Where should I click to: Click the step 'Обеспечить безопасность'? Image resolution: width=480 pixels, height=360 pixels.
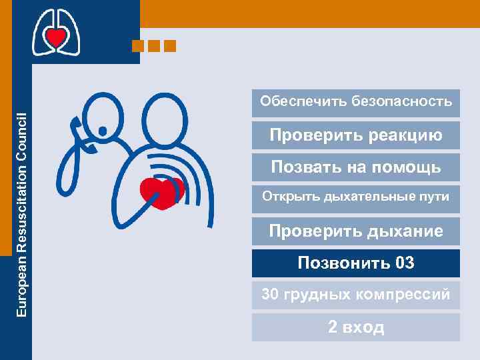(x=356, y=102)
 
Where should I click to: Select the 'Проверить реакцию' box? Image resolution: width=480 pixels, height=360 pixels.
(x=356, y=135)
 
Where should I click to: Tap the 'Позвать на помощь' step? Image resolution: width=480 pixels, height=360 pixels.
(x=356, y=167)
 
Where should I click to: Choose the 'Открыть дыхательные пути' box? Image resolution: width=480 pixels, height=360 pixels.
(x=356, y=198)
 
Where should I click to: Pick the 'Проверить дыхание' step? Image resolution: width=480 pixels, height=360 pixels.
(x=356, y=231)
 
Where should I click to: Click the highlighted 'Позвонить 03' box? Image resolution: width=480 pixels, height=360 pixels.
(x=356, y=263)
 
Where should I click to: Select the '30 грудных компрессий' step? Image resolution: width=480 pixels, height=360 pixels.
(x=356, y=294)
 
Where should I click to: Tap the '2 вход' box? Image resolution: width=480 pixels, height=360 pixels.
(x=356, y=327)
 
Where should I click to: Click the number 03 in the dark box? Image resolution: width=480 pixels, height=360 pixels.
(x=405, y=263)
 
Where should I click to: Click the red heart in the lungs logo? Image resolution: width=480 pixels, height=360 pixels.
(x=57, y=37)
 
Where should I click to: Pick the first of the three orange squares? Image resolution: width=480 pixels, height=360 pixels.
(x=138, y=46)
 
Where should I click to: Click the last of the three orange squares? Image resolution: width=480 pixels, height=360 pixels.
(x=170, y=46)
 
